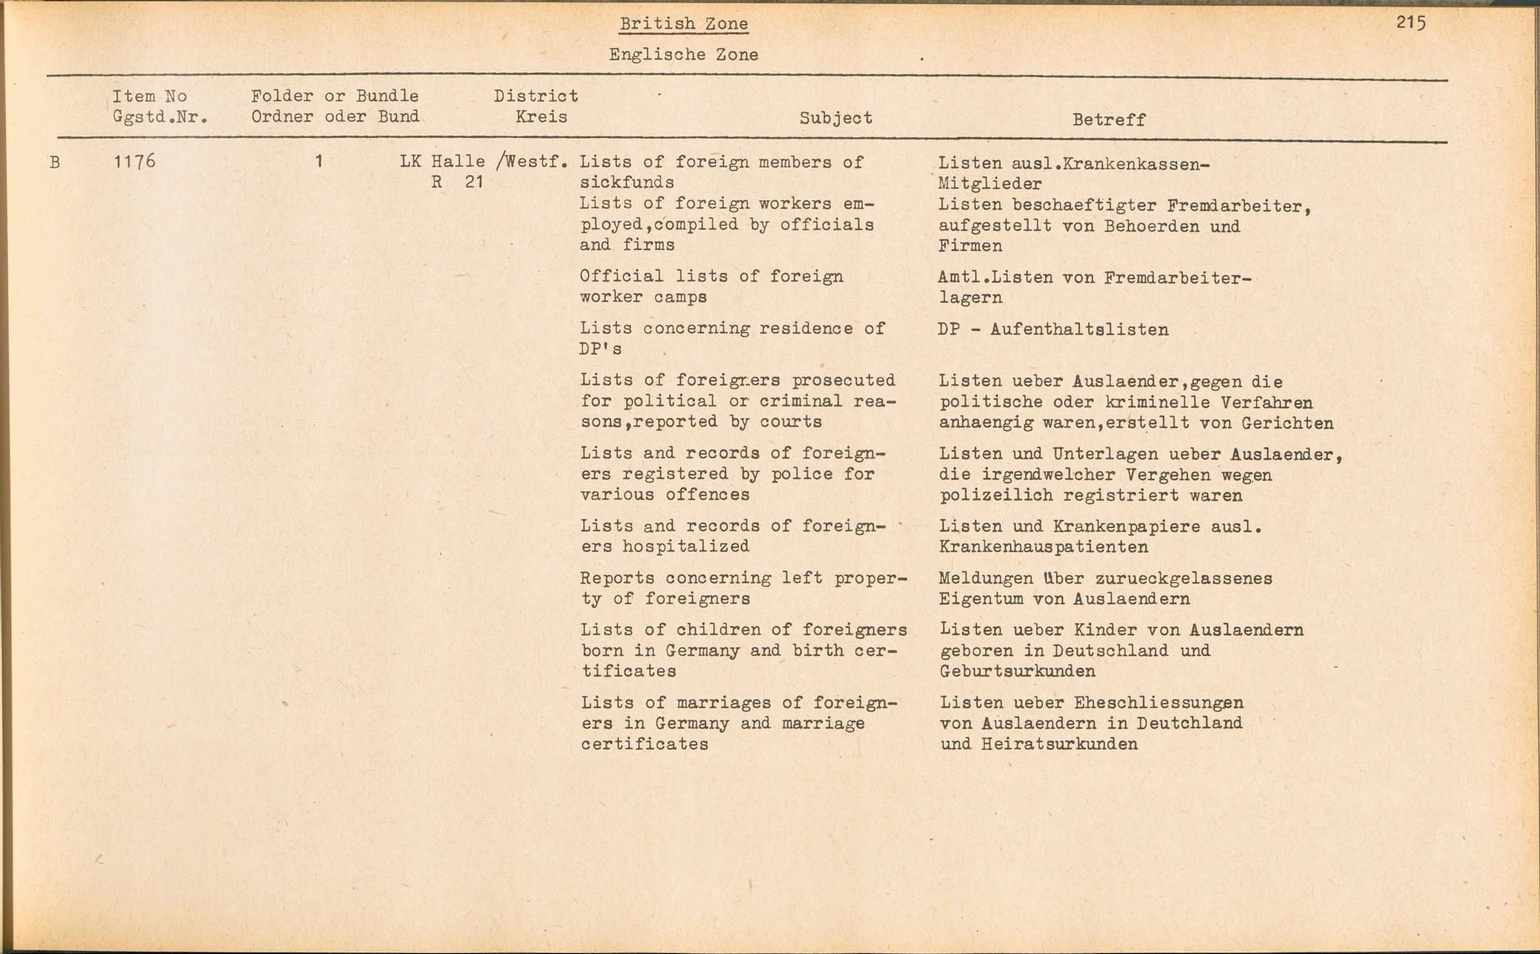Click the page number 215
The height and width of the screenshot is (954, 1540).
point(1411,23)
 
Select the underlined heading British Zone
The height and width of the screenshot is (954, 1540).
point(684,24)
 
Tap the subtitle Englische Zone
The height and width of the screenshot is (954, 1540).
point(683,55)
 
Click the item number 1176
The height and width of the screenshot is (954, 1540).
point(134,162)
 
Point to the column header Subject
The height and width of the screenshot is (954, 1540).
point(835,118)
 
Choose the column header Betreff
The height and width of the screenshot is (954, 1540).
point(1109,119)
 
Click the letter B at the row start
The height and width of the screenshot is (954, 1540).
point(55,162)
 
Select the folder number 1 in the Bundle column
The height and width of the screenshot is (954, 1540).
point(318,162)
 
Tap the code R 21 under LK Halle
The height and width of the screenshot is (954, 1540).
point(457,182)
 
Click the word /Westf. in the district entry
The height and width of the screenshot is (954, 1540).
point(533,162)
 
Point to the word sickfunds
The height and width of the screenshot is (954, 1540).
point(627,182)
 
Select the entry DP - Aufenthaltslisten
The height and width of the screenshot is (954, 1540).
point(1053,330)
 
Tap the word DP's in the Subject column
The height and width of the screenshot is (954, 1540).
point(601,349)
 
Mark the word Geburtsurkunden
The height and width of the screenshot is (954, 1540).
point(1017,671)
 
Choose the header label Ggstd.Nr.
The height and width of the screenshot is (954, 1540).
point(160,117)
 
